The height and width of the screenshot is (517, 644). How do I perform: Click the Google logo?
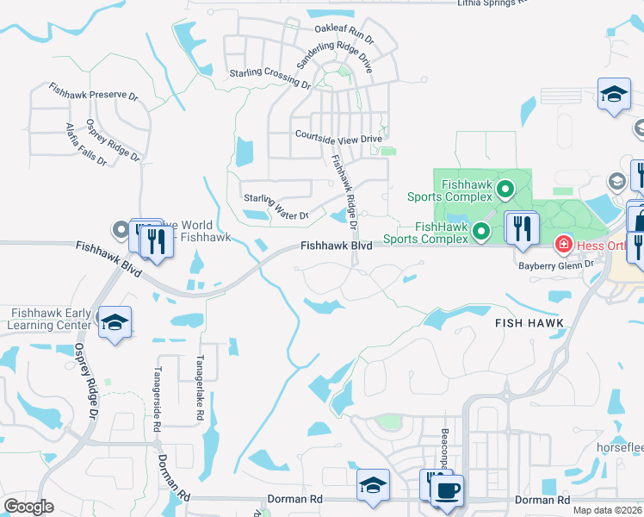pos(28,507)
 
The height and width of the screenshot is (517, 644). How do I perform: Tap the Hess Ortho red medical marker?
pos(563,246)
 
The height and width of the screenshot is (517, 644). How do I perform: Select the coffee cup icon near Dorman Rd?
pos(446,491)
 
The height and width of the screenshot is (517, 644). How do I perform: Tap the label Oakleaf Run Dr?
pos(344,34)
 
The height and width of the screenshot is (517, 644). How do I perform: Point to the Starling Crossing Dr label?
pos(269,78)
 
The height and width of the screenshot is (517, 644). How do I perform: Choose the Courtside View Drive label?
pos(337,137)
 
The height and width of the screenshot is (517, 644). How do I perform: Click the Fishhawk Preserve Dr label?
pos(94,91)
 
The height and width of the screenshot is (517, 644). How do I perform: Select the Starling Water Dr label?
pos(276,207)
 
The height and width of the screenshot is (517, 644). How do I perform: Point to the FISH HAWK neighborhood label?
pos(529,322)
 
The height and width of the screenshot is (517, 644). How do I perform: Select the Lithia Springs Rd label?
pos(490,3)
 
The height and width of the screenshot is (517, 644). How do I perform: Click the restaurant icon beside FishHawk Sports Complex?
pos(521,228)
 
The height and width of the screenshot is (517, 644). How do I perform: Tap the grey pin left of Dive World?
pos(120,229)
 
